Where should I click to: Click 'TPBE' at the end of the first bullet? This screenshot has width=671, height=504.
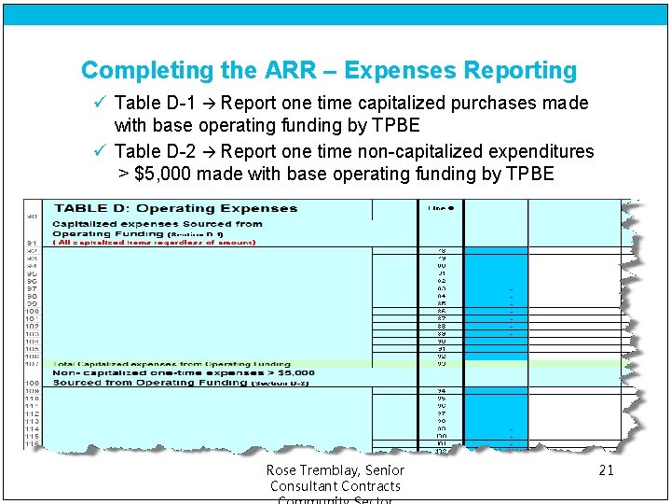point(396,125)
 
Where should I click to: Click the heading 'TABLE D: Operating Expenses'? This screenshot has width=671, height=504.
point(175,208)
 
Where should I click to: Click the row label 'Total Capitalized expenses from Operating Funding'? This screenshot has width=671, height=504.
point(171,364)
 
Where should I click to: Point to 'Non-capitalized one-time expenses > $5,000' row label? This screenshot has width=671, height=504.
point(184,372)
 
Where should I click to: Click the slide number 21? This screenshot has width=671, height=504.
point(606,470)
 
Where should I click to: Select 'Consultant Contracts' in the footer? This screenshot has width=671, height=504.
point(335,486)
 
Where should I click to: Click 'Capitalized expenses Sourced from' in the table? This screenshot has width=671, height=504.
point(157,224)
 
